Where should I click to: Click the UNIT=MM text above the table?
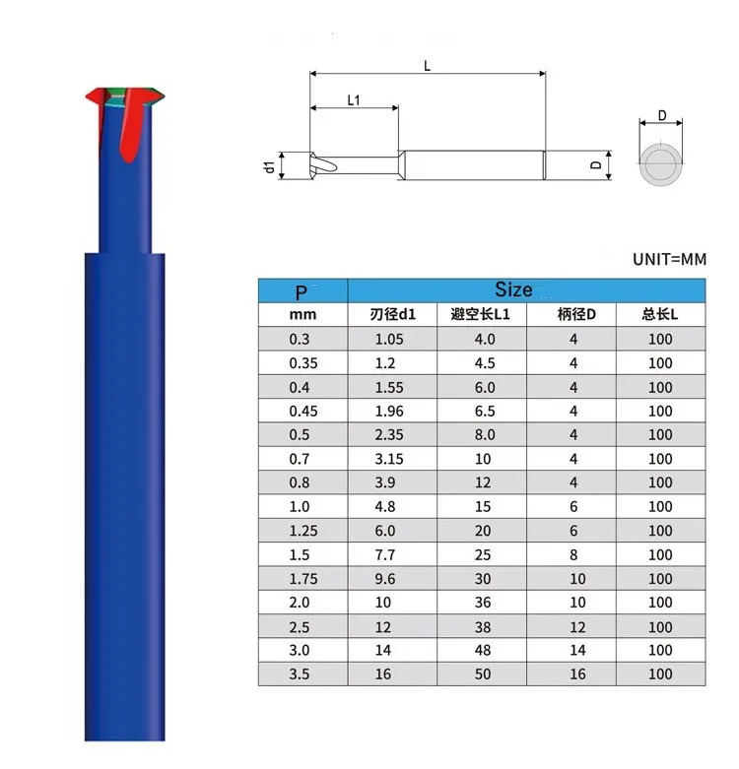[669, 259]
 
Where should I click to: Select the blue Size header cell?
[526, 290]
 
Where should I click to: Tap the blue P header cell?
[302, 290]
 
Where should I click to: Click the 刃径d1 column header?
[392, 314]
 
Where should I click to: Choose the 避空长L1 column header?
[481, 314]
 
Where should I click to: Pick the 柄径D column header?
[576, 314]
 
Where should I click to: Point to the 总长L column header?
[660, 314]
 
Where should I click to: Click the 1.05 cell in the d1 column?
[389, 339]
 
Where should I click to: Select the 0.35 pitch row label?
[303, 363]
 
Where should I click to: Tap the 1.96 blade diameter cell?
[389, 411]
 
